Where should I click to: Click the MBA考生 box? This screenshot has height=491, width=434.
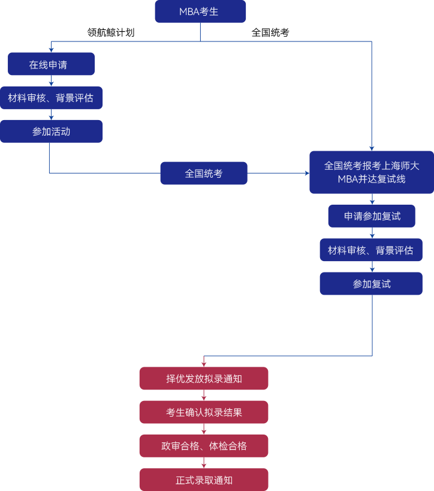click(200, 11)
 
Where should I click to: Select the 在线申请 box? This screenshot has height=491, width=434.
click(51, 64)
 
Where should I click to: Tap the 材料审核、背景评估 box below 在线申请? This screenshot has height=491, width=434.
click(51, 98)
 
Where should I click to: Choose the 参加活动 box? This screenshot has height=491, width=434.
click(51, 131)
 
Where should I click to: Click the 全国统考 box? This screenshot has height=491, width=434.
click(203, 173)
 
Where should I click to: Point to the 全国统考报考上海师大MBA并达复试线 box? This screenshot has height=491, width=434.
click(371, 172)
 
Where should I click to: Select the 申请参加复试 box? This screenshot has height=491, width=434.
click(371, 216)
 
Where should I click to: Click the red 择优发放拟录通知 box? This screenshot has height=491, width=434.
click(204, 379)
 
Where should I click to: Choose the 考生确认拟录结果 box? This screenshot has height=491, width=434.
click(204, 412)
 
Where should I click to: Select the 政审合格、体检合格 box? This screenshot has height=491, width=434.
click(204, 446)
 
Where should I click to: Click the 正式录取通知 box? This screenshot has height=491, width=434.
click(204, 480)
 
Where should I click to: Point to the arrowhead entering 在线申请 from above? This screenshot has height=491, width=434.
click(51, 49)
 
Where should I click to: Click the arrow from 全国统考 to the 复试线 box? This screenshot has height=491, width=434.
click(278, 173)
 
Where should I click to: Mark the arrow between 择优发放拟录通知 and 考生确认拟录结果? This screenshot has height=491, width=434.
click(204, 396)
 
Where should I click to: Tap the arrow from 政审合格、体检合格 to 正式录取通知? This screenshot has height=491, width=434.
click(204, 463)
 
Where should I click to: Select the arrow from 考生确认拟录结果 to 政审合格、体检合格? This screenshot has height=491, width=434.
click(204, 429)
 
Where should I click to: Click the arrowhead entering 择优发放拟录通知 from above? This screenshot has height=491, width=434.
click(204, 363)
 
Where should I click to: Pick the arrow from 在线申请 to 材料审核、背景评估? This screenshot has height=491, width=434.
click(51, 81)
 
